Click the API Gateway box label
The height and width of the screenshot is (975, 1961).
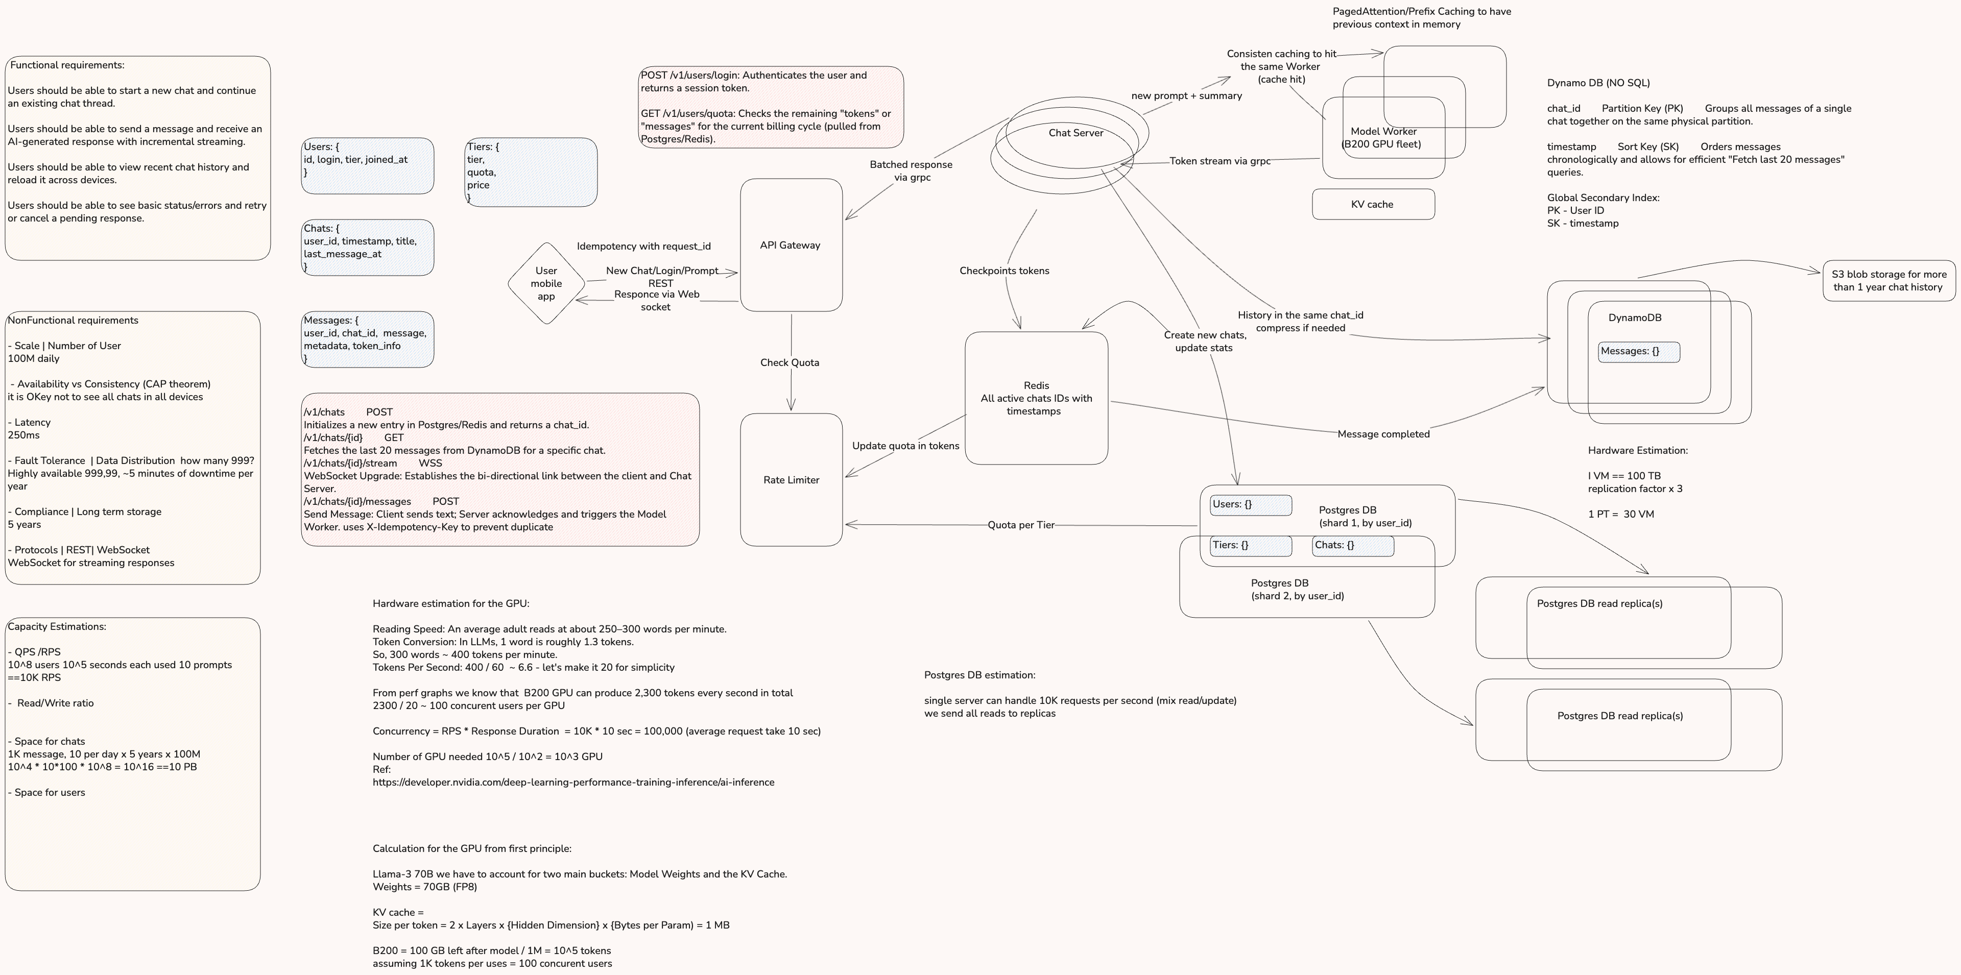click(790, 245)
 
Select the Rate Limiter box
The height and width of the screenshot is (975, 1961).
click(791, 479)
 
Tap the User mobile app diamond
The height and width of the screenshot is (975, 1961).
click(546, 283)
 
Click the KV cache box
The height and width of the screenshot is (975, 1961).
click(1373, 204)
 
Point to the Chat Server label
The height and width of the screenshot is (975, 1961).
click(1075, 132)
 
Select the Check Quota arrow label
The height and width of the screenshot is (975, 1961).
click(790, 362)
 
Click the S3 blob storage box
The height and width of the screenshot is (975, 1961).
click(1888, 281)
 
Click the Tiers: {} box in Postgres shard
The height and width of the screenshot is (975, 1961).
click(1250, 545)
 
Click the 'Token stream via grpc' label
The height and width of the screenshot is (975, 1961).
click(1219, 161)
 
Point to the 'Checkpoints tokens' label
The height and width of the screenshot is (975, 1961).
click(1003, 270)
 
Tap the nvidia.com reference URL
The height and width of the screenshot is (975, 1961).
click(572, 782)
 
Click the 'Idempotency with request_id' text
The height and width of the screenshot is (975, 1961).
click(643, 246)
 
